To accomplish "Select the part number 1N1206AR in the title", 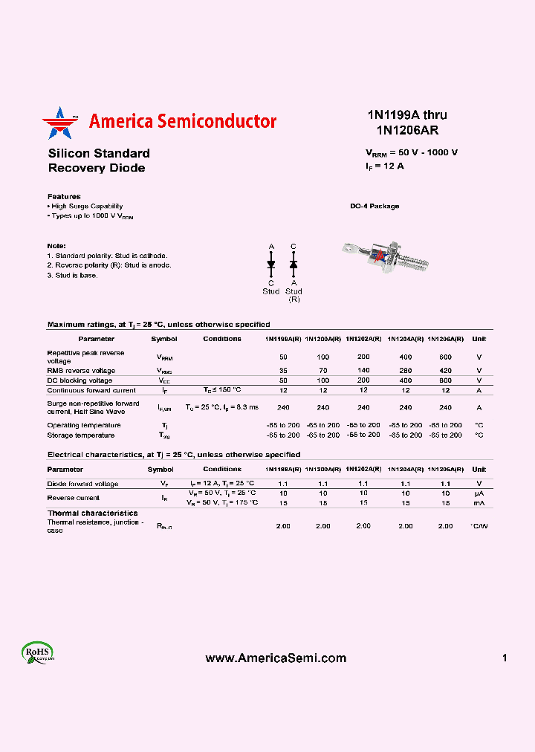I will tap(406, 130).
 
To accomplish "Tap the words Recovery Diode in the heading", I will tap(97, 168).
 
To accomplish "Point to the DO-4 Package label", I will tap(374, 206).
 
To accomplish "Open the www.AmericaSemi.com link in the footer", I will tap(276, 658).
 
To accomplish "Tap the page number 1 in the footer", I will tap(505, 658).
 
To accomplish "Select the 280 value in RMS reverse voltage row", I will tap(405, 370).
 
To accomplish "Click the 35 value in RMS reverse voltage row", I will tap(283, 370).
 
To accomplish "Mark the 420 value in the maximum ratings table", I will tap(445, 370).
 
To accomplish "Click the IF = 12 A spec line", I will tap(385, 166).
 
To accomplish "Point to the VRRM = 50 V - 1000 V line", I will tap(412, 152).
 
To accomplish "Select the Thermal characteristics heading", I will tap(93, 513).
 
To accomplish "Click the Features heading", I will tap(64, 196).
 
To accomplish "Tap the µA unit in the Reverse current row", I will tap(479, 493).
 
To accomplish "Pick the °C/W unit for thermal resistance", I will tap(479, 525).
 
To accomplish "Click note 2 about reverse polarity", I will tap(108, 265).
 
